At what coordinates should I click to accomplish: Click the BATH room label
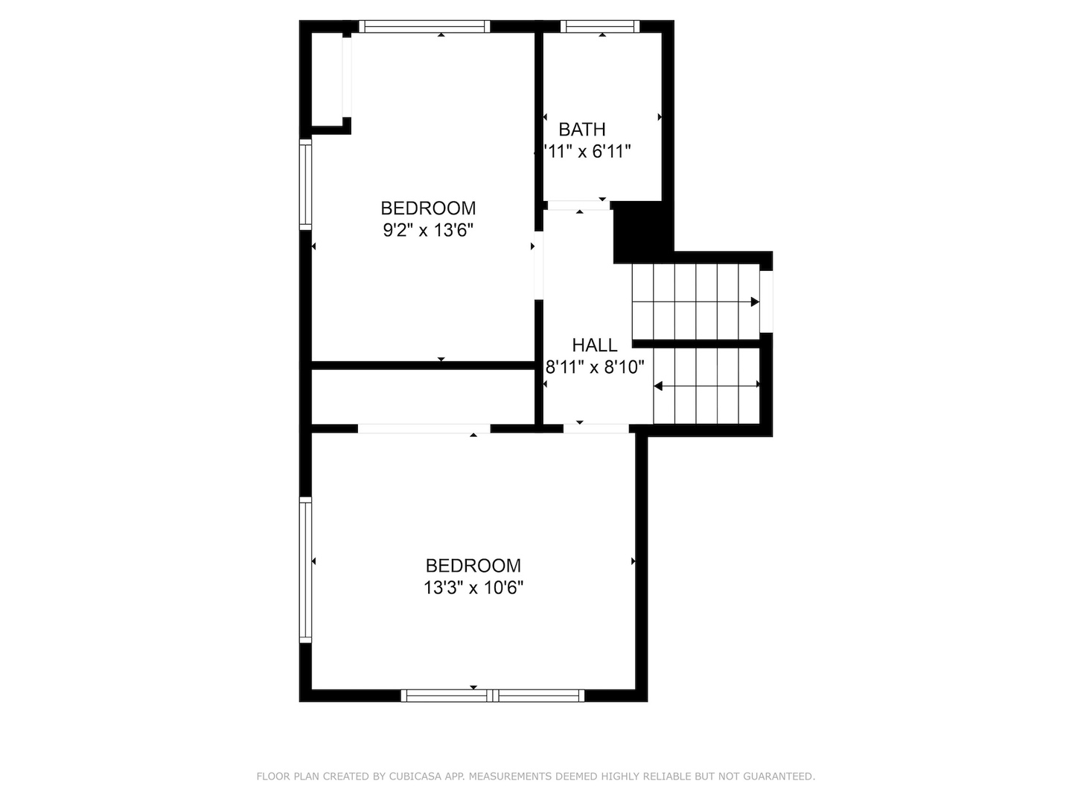pos(581,130)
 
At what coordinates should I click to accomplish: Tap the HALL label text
pos(594,345)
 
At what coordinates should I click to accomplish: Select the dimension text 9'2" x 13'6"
pos(428,231)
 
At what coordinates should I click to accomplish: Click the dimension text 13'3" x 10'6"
pos(473,588)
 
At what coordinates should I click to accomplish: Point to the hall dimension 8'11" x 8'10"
pos(594,367)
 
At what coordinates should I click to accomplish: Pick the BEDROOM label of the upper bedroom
pos(428,208)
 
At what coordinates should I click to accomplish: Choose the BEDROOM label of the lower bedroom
pos(473,566)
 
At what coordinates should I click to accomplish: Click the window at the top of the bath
pos(600,27)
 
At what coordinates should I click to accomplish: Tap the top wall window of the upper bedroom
pos(424,27)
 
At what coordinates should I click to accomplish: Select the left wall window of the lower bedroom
pos(305,569)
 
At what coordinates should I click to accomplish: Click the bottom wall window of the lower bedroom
pos(492,695)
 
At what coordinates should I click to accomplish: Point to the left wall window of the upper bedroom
pos(305,184)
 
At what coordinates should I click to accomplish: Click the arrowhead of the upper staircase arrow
pos(754,301)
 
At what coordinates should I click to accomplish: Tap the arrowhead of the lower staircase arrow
pos(658,386)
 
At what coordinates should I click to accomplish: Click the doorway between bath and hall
pos(578,205)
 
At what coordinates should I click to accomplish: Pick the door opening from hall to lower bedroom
pos(596,428)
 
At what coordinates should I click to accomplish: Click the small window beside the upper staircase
pos(766,301)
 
